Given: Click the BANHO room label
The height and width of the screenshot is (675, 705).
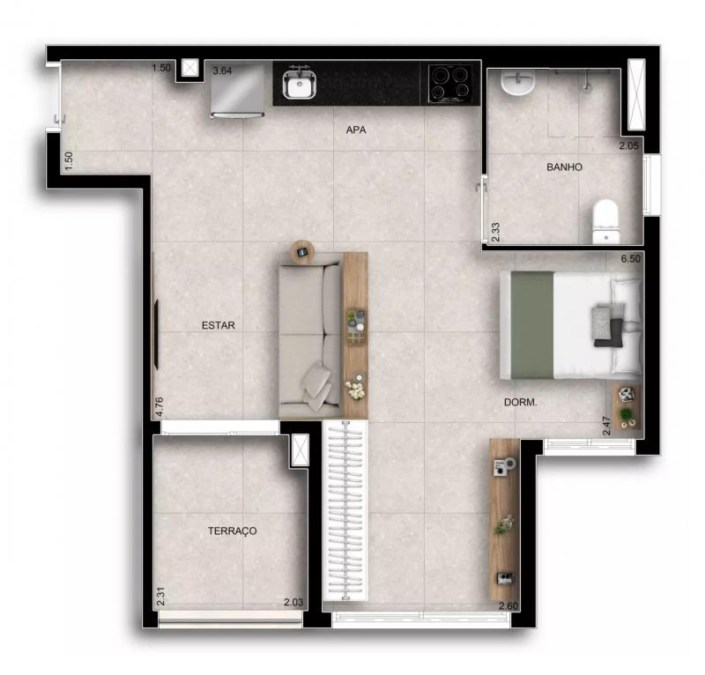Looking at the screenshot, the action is (x=564, y=167).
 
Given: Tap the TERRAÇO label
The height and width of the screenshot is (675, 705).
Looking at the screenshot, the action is (x=232, y=530).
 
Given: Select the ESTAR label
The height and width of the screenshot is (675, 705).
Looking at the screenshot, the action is (x=218, y=325).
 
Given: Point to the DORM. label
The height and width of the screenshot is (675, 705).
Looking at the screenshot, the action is (x=520, y=403).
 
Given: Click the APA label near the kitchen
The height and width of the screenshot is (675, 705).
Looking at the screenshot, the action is (x=356, y=130).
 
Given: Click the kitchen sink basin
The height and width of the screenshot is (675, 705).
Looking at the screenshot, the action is (x=300, y=84).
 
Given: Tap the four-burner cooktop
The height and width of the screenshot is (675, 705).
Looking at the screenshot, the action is (x=450, y=84).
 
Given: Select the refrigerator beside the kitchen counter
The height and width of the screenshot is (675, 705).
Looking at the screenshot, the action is (x=237, y=90).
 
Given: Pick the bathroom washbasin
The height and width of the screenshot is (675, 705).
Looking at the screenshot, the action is (x=518, y=82).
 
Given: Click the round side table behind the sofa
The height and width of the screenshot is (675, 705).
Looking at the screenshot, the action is (x=302, y=252).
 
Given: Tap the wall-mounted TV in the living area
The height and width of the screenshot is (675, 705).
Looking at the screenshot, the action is (x=157, y=335).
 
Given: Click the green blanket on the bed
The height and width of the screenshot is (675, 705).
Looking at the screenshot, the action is (x=532, y=325).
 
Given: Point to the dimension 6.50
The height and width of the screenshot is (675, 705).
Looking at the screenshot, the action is (x=630, y=259).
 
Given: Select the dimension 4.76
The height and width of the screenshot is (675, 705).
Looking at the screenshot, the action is (x=159, y=407).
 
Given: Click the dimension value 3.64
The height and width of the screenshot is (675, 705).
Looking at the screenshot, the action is (x=222, y=70).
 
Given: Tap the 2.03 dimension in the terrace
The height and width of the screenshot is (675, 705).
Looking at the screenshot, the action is (x=293, y=602).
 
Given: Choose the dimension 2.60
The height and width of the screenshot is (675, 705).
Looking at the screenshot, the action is (x=508, y=605).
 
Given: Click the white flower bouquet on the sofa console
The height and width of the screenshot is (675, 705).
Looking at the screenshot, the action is (x=356, y=390).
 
